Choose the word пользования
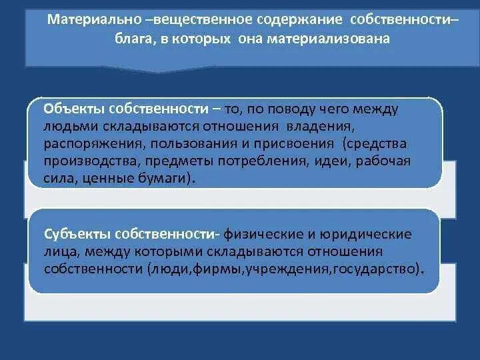click(x=194, y=143)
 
